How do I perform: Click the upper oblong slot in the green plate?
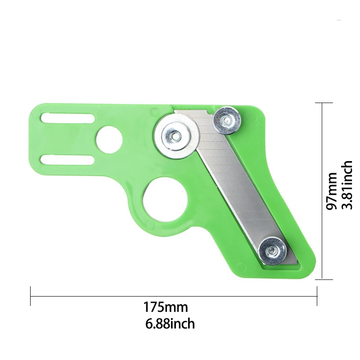click(x=67, y=118)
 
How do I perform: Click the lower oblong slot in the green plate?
click(x=67, y=160)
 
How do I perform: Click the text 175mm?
click(x=166, y=308)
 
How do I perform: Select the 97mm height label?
click(x=332, y=191)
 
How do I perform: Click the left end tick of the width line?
click(x=31, y=296)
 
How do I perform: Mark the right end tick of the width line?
click(x=317, y=296)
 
